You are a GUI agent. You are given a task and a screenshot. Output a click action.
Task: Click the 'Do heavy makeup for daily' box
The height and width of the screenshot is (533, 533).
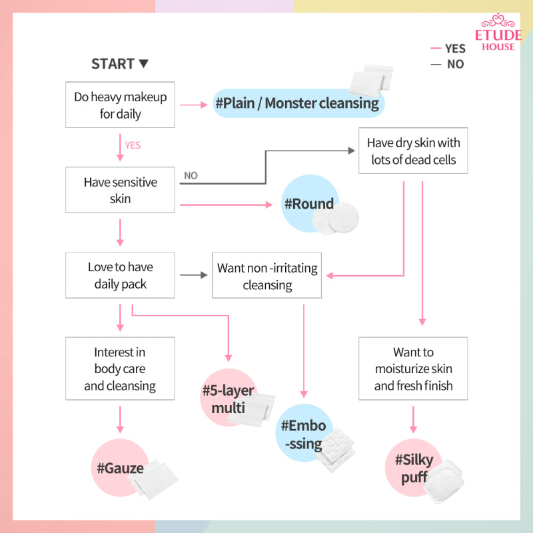click(x=120, y=105)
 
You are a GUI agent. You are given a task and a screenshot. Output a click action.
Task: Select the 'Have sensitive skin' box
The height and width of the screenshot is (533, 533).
click(x=120, y=191)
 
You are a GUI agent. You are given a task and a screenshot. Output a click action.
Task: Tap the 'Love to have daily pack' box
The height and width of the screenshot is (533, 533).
click(x=120, y=275)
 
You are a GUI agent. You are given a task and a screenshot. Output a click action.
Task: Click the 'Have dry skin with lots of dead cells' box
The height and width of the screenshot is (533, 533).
click(x=413, y=151)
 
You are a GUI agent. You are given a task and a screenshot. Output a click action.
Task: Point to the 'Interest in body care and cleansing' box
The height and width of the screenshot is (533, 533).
click(x=120, y=368)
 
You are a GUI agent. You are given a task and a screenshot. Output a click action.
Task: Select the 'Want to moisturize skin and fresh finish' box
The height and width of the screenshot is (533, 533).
click(x=413, y=368)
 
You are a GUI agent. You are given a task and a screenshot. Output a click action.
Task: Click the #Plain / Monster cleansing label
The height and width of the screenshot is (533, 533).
click(x=297, y=103)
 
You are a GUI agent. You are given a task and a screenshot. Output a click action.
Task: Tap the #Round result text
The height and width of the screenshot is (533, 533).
click(x=309, y=204)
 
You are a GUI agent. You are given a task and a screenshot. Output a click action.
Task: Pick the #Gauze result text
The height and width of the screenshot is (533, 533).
click(x=120, y=468)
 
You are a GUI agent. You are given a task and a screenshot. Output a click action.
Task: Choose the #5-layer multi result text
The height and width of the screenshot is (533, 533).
click(x=229, y=398)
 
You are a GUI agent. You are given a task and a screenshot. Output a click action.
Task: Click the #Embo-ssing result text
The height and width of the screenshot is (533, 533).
click(x=303, y=434)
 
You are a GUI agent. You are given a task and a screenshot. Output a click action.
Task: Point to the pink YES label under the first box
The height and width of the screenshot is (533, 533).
click(x=133, y=145)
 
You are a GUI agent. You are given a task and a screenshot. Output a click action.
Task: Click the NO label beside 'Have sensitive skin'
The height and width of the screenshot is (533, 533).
click(x=191, y=176)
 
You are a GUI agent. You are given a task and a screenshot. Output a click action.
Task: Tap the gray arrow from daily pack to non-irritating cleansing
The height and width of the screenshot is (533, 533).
click(x=193, y=274)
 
